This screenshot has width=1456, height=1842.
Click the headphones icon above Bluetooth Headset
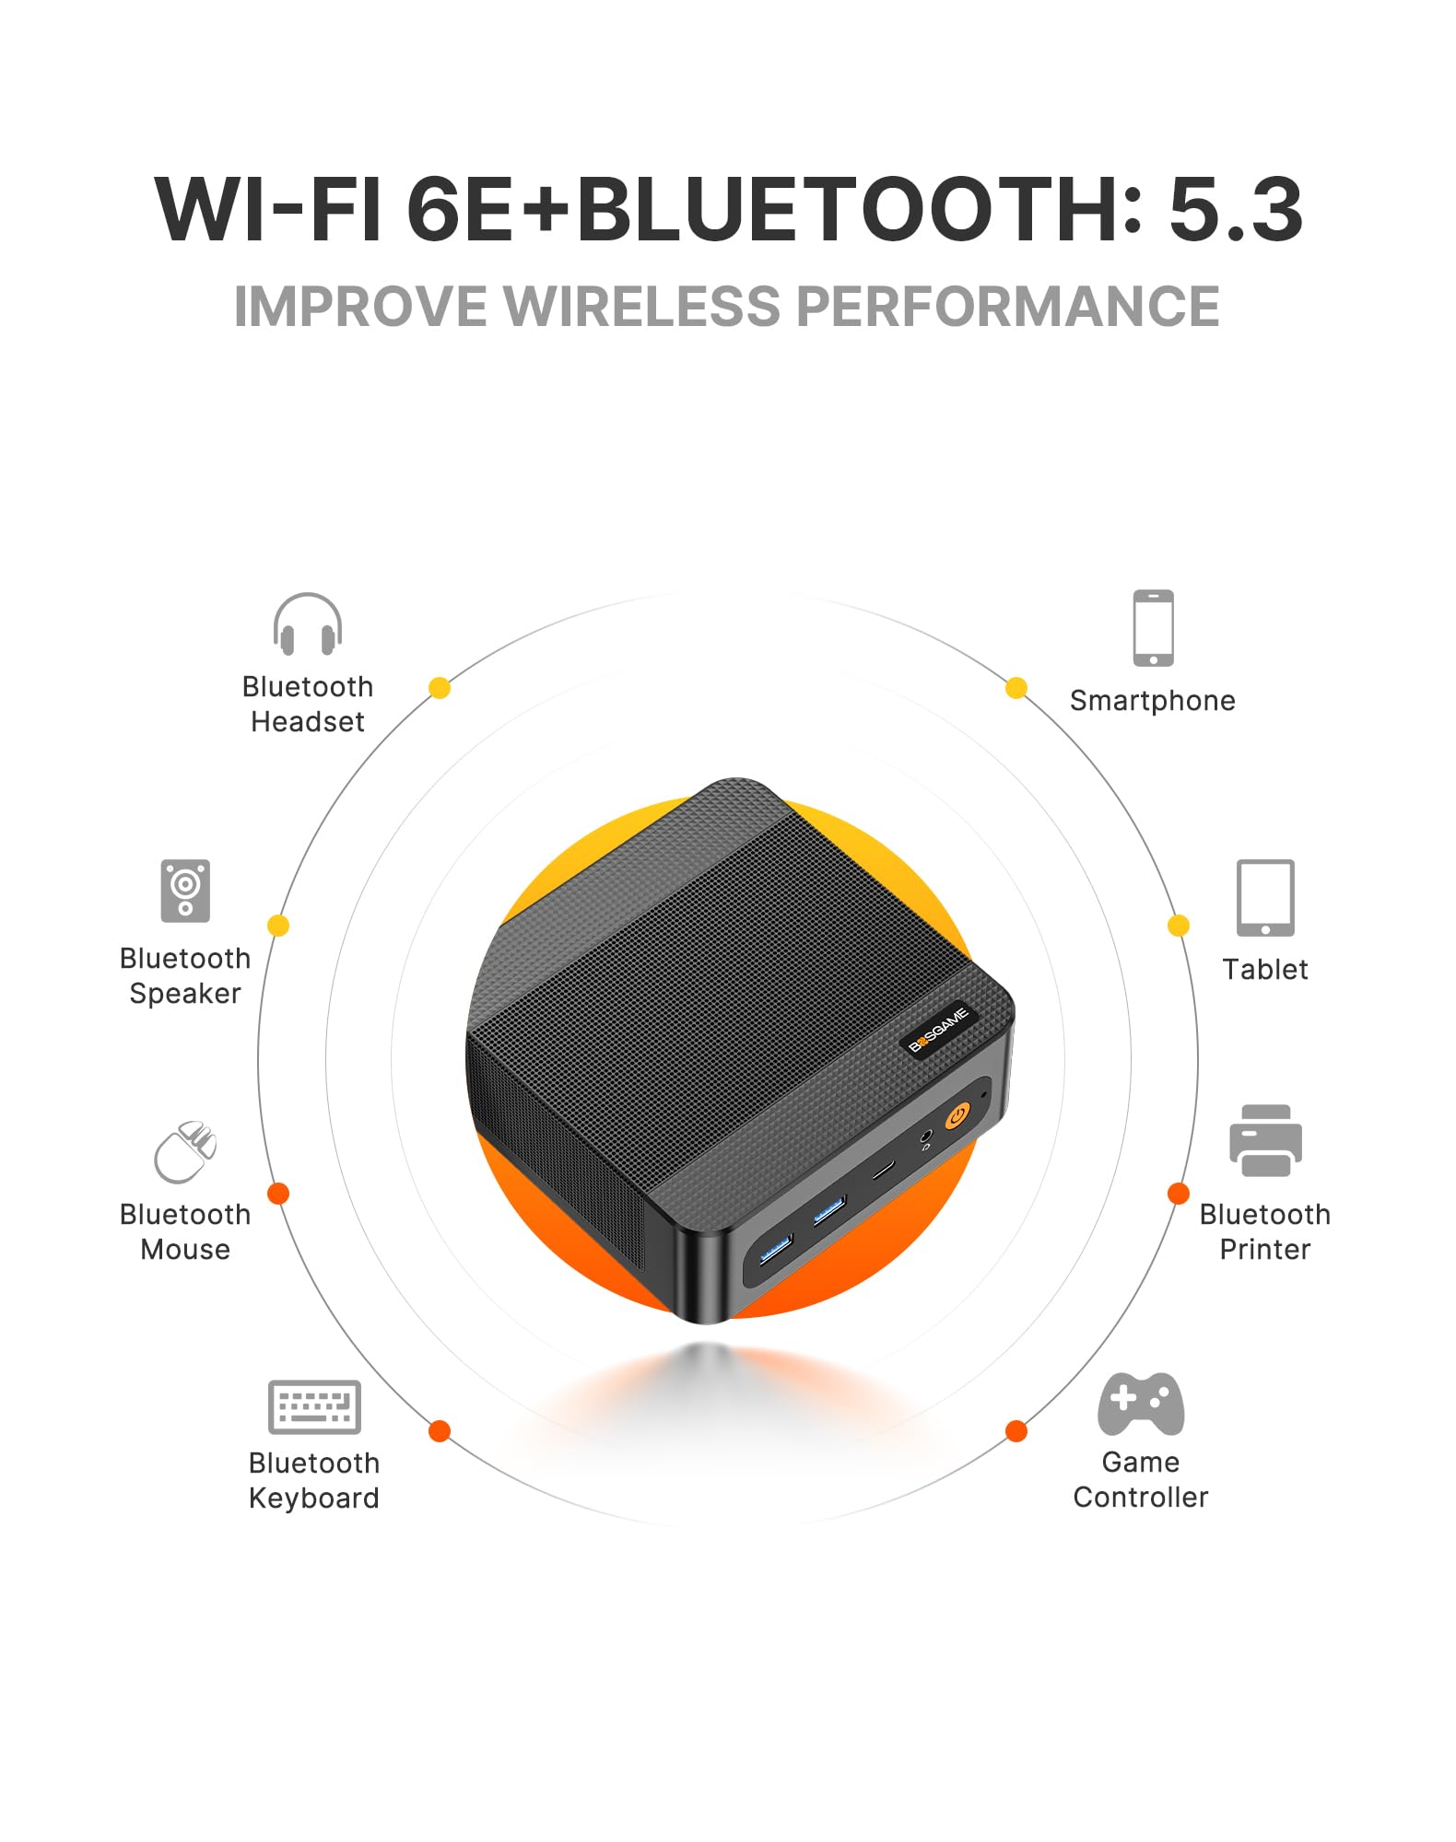pos(308,624)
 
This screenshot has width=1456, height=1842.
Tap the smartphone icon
pos(1153,627)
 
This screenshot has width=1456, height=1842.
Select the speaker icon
pos(185,891)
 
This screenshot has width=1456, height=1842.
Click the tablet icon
pos(1265,898)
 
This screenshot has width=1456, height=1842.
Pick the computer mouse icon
pos(185,1151)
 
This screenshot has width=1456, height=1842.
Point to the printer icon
pos(1265,1140)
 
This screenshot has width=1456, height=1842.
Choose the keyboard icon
pos(314,1406)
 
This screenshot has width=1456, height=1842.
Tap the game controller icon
pos(1141,1404)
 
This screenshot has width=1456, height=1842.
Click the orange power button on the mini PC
pos(957,1116)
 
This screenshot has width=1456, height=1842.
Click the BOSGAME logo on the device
pos(939,1029)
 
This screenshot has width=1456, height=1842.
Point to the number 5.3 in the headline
pos(1236,210)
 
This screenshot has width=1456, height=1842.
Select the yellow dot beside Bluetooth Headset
pos(440,688)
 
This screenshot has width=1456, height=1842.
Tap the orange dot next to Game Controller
pos(1016,1431)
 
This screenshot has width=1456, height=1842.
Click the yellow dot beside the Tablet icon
pos(1179,926)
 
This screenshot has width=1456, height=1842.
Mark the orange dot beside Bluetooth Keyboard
pos(440,1431)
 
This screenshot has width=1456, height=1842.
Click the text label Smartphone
pos(1153,701)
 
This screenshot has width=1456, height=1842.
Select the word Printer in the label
pos(1265,1249)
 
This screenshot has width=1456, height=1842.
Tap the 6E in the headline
pos(460,210)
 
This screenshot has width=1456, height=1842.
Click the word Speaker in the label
pos(185,994)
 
